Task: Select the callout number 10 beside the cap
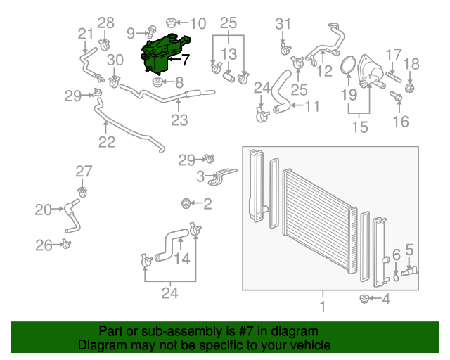point(198,24)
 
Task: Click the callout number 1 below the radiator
point(323,307)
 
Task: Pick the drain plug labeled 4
point(364,300)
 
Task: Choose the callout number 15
point(360,127)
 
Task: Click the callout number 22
point(106,143)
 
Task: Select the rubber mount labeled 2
point(187,204)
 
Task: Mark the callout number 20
point(43,209)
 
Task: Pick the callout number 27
point(84,171)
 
